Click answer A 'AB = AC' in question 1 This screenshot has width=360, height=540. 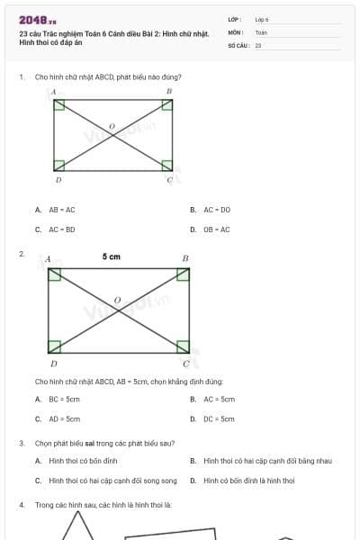click(61, 210)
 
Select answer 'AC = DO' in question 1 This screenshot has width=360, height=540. click(216, 210)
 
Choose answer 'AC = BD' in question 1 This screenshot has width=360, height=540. click(61, 229)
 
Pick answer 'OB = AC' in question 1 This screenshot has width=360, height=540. click(216, 229)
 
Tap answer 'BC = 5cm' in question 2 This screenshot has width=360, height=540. click(64, 399)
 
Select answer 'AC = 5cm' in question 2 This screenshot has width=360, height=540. click(219, 399)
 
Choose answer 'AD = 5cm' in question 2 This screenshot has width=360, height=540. click(64, 418)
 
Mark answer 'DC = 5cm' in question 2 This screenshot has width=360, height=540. click(219, 418)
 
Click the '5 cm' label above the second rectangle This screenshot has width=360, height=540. click(111, 257)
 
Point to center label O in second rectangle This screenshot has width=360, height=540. click(116, 299)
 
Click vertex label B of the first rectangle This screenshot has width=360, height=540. click(168, 92)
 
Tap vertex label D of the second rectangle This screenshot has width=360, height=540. click(53, 364)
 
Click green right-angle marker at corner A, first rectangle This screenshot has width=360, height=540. click(59, 105)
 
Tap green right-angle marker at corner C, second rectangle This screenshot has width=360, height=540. click(182, 346)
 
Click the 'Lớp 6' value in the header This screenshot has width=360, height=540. click(262, 18)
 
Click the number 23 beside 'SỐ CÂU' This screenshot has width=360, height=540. click(258, 44)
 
